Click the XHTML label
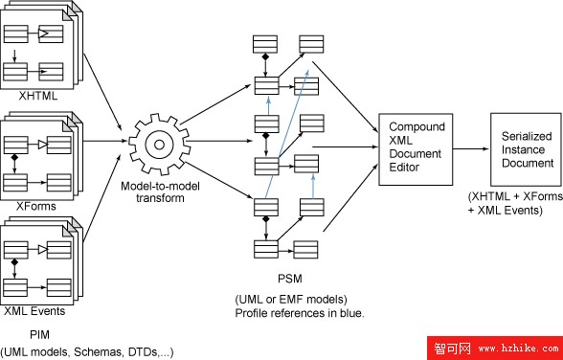pyautogui.click(x=37, y=97)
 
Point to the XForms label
pyautogui.click(x=37, y=205)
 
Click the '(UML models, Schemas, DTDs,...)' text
pyautogui.click(x=87, y=351)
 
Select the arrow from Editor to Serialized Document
pyautogui.click(x=470, y=148)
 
